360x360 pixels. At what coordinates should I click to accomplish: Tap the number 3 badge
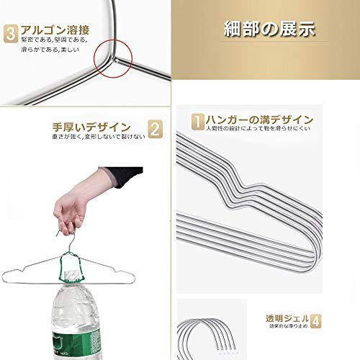click(10, 33)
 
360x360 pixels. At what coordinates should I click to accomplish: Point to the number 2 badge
click(153, 129)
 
